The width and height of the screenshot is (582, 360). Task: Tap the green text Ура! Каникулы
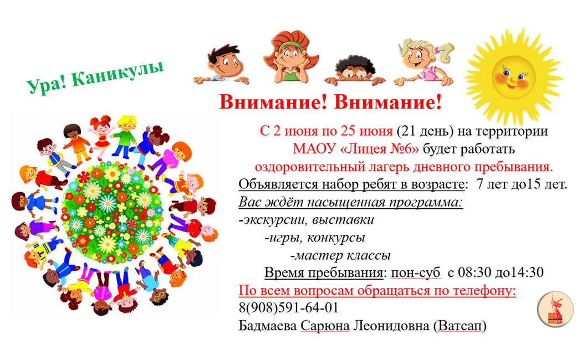tap(95, 78)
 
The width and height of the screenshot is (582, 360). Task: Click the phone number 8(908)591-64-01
tap(288, 308)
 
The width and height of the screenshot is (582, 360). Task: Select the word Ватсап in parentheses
tap(462, 326)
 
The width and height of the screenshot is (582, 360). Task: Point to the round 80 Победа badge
tap(555, 309)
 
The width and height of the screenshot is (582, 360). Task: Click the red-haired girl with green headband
tap(291, 56)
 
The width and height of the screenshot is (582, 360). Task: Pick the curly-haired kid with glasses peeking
tap(355, 70)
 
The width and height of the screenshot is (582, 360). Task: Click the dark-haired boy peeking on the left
tap(222, 65)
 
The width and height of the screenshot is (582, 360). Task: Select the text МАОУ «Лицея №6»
tap(356, 148)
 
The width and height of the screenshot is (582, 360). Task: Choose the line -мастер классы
tap(340, 255)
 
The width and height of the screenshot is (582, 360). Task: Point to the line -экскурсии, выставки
tap(306, 219)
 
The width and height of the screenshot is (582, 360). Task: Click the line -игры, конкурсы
tap(315, 237)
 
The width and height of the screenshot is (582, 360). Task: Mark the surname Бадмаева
tap(268, 326)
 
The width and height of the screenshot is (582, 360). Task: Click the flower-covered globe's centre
tap(112, 212)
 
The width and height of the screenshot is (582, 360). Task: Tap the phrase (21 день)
tap(425, 131)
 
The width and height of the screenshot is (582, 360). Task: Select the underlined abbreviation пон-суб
tap(415, 272)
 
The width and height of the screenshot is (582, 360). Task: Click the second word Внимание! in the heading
tap(388, 102)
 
